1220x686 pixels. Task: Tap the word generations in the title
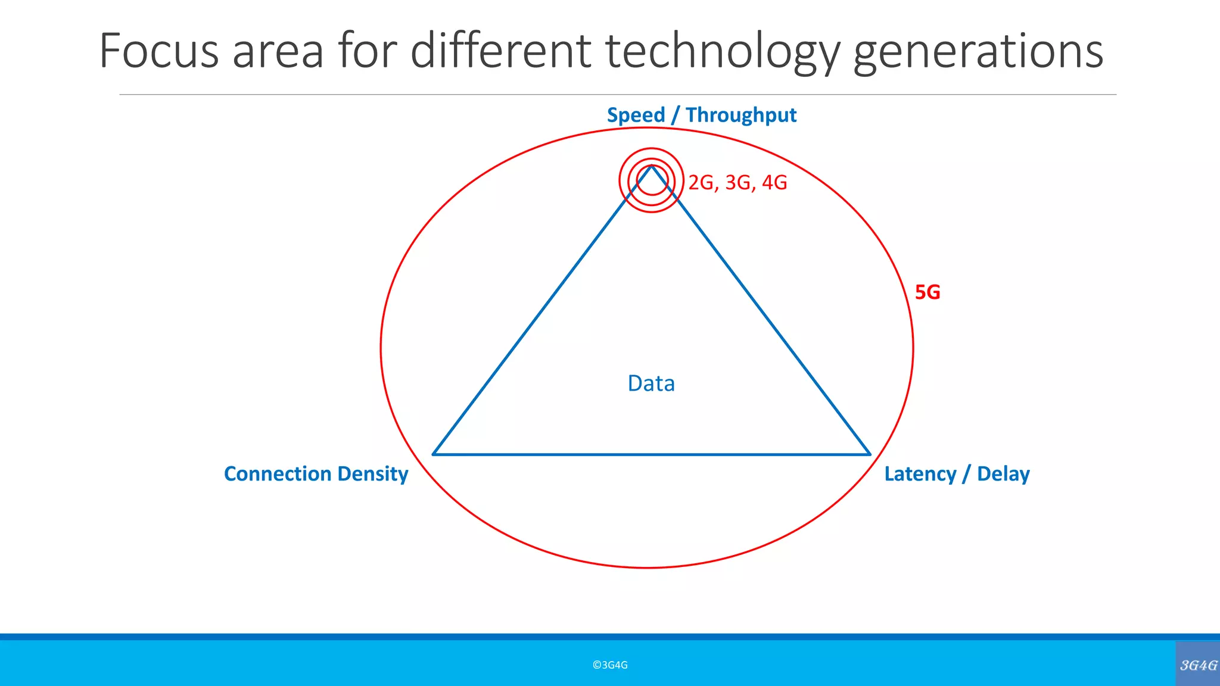tap(978, 52)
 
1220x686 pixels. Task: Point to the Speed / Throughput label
tap(701, 115)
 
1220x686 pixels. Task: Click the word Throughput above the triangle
tap(740, 115)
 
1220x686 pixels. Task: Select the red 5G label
tap(927, 292)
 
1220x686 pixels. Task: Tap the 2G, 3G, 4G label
tap(737, 182)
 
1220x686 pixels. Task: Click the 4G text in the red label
tap(774, 182)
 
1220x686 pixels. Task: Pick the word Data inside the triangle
tap(651, 383)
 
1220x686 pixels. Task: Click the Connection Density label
tap(316, 474)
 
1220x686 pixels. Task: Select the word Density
tap(372, 474)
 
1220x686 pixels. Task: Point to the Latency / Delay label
tap(957, 474)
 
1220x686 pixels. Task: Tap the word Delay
tap(1003, 474)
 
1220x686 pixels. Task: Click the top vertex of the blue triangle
tap(652, 166)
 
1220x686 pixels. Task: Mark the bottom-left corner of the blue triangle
tap(434, 454)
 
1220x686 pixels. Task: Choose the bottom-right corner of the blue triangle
tap(870, 454)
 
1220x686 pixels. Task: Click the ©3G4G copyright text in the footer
tap(610, 665)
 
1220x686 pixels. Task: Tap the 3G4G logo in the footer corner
tap(1198, 665)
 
